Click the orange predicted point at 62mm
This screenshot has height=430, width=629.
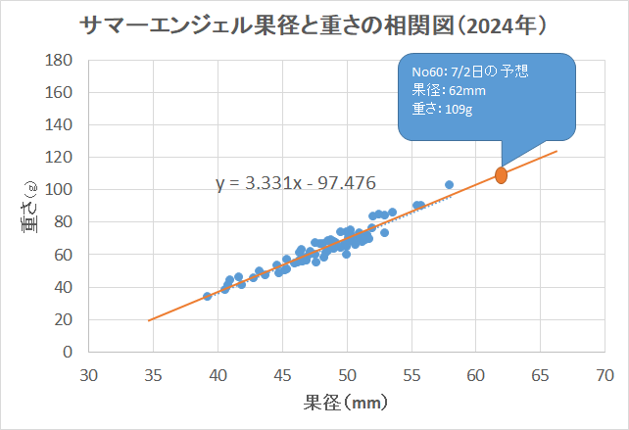click(x=501, y=175)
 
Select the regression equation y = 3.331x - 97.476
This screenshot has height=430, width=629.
click(x=296, y=182)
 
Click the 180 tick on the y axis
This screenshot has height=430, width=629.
click(x=62, y=61)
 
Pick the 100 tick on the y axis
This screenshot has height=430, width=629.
click(x=62, y=190)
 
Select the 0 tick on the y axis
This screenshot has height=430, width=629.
click(x=69, y=352)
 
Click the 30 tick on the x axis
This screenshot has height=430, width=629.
click(x=89, y=375)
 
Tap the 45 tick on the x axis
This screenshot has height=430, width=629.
click(x=282, y=375)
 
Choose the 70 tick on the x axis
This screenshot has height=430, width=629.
click(x=605, y=375)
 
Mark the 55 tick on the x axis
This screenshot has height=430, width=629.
click(x=411, y=375)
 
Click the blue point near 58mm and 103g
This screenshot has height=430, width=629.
click(x=449, y=184)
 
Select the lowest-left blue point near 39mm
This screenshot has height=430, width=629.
click(x=207, y=296)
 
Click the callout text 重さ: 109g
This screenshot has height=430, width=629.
click(x=438, y=108)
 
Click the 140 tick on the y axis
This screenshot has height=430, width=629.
click(x=62, y=125)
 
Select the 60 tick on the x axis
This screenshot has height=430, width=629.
click(x=476, y=375)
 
